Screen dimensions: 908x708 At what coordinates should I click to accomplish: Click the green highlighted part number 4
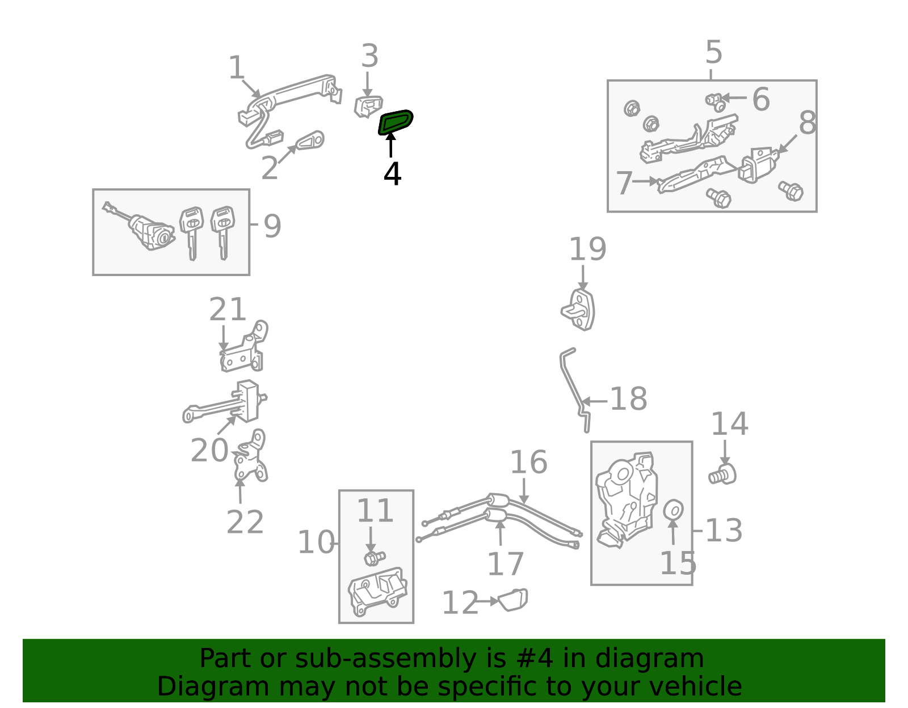tap(395, 122)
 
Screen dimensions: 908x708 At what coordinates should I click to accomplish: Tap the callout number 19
tap(587, 249)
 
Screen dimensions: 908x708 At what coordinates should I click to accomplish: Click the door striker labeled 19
tap(579, 310)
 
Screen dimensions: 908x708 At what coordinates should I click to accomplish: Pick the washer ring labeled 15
tap(673, 510)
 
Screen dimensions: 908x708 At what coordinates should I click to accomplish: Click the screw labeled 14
tap(722, 474)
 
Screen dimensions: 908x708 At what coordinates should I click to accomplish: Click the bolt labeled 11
tap(375, 557)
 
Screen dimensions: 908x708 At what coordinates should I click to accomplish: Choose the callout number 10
tap(316, 542)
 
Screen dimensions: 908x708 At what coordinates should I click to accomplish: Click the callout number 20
tap(209, 451)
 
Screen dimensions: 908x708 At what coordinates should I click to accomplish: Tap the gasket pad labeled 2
tap(310, 140)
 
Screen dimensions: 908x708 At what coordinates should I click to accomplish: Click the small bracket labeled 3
tap(368, 107)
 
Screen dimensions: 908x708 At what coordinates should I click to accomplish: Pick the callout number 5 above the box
tap(714, 52)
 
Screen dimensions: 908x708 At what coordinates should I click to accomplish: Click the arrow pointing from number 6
tap(734, 97)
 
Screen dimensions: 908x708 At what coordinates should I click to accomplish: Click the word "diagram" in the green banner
tap(649, 659)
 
